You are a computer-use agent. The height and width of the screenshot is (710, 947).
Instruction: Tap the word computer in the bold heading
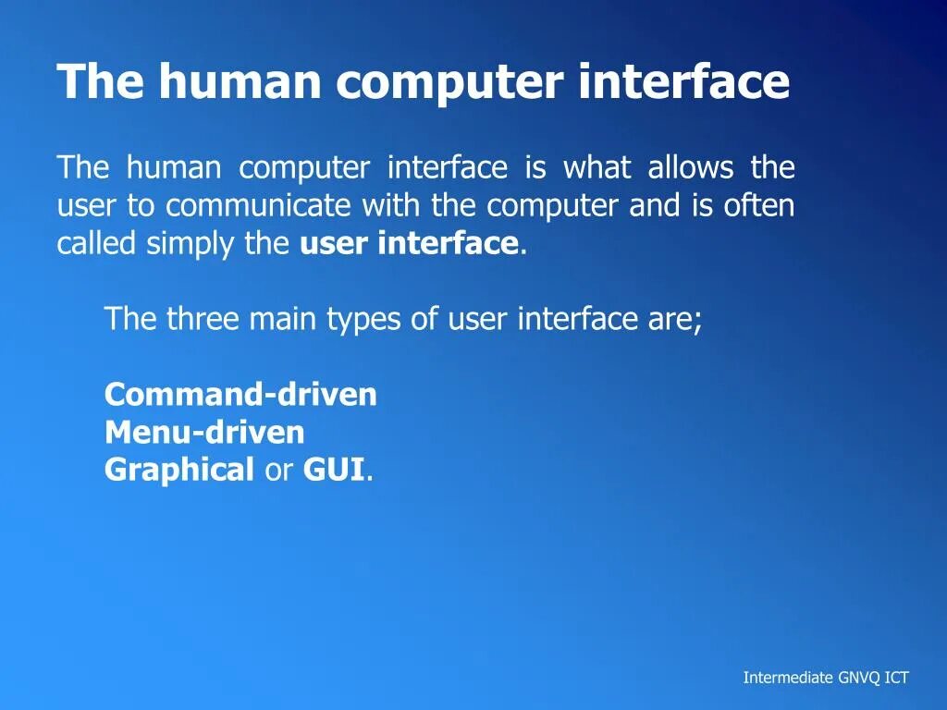449,84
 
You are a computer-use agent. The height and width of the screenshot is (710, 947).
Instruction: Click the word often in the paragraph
759,205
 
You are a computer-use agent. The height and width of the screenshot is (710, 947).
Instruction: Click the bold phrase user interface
409,243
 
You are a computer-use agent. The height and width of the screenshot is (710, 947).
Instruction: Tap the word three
203,319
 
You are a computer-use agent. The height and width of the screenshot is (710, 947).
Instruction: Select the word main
281,319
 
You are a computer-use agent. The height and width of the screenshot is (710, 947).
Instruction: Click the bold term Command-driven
240,395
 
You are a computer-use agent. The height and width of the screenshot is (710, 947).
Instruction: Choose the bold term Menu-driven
204,433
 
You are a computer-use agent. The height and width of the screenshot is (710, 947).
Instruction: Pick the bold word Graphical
179,471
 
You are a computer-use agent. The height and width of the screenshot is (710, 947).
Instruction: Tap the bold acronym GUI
334,470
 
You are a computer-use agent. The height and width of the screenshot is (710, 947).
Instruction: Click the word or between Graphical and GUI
278,471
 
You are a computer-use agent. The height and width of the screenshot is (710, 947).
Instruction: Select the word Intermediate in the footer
788,678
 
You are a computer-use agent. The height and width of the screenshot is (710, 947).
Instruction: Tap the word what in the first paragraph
597,168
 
